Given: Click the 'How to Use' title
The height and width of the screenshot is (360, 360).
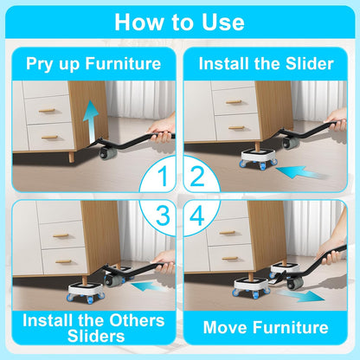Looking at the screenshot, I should pyautogui.click(x=180, y=22).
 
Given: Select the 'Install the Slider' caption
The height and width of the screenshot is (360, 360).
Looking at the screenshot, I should pyautogui.click(x=267, y=63).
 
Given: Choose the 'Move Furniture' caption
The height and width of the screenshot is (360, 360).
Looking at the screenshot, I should pyautogui.click(x=267, y=327).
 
